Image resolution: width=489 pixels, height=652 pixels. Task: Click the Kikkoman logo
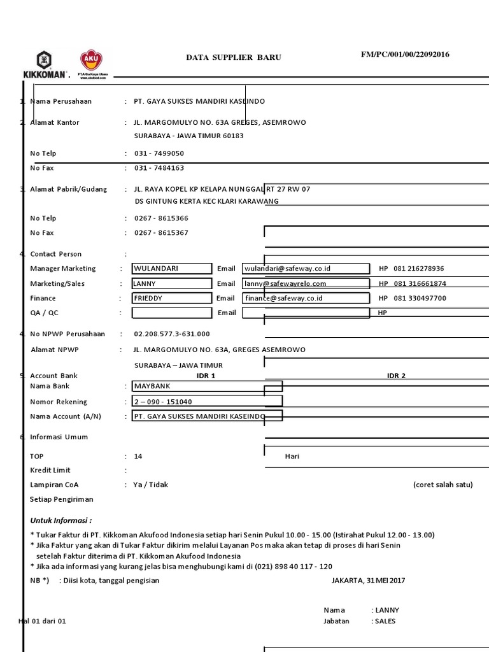44,64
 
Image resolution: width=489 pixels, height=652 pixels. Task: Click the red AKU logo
92,62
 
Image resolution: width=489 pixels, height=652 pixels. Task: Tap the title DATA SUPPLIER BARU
233,57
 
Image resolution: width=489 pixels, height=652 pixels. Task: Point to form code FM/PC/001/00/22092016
405,55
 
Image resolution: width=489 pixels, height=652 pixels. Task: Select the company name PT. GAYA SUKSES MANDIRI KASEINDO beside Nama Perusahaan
199,101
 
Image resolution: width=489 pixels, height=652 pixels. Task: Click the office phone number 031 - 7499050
159,153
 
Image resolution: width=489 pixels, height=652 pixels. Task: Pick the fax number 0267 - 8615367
161,233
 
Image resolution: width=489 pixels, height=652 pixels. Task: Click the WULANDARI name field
172,269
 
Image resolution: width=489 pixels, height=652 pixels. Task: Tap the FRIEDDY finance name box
172,298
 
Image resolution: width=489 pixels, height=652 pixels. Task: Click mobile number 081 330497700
420,298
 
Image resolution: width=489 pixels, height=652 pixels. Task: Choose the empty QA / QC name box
172,313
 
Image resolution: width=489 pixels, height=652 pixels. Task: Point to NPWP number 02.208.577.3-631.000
172,334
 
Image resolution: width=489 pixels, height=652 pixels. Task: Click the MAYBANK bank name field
207,386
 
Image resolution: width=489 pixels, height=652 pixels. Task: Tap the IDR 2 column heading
396,376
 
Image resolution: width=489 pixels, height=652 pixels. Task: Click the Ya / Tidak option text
151,485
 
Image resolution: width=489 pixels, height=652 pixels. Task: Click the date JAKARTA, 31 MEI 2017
368,580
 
